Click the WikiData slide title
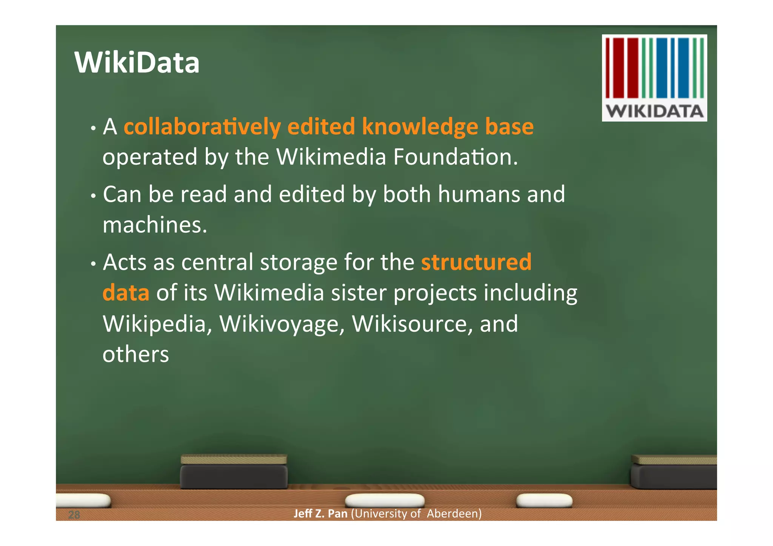[x=137, y=62]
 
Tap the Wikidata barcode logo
[x=654, y=78]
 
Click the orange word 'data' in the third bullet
[x=126, y=293]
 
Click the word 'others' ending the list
[x=136, y=354]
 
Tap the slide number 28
[x=74, y=515]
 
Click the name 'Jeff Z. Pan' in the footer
[x=320, y=514]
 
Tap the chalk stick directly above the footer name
[x=385, y=500]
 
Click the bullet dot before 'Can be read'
[x=93, y=196]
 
